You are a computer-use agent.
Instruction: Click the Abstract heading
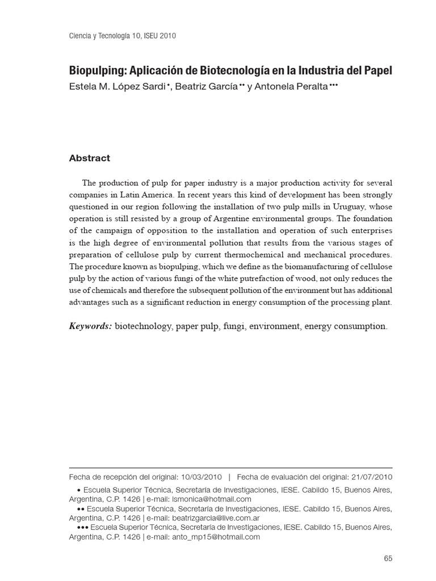(x=89, y=158)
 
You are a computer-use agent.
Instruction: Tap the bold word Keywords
(x=90, y=326)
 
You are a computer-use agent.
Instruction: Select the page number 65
(x=388, y=558)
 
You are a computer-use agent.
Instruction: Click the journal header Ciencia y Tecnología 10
(x=113, y=36)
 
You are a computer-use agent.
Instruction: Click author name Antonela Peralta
(x=289, y=86)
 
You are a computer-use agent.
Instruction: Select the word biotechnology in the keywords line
(x=144, y=326)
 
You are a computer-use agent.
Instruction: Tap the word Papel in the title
(x=377, y=72)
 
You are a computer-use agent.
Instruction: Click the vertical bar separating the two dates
(x=229, y=477)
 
